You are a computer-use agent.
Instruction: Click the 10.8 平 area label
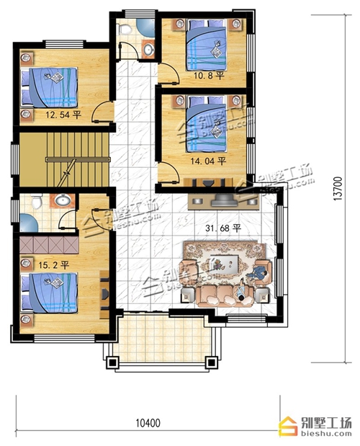coord(209,76)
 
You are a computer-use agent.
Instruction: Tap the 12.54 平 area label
coord(63,115)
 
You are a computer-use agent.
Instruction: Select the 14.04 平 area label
coord(208,161)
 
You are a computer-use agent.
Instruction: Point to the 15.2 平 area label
coord(54,265)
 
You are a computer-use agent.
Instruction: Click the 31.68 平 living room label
coord(223,228)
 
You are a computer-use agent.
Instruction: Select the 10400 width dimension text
coord(148,423)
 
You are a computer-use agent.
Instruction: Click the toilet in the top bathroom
coord(125,28)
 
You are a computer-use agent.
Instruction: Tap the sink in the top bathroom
coord(148,50)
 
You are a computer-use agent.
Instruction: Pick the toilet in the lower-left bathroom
coord(37,201)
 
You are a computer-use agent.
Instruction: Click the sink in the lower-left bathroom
coord(63,200)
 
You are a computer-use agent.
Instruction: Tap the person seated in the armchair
coord(258,275)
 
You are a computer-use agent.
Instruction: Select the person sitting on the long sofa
coord(241,292)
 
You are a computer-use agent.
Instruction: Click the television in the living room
coord(224,200)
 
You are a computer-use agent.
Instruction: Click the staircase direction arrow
coord(66,173)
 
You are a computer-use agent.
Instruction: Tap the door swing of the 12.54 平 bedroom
coord(100,112)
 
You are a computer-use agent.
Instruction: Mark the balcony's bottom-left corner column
coord(112,362)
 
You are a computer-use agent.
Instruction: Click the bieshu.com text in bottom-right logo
coord(325,434)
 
